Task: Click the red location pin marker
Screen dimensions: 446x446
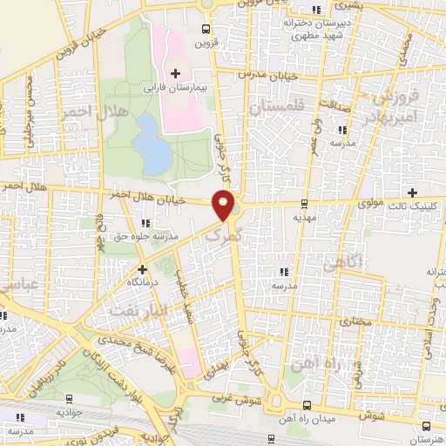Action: (225, 206)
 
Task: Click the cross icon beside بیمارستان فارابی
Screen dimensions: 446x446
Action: (177, 72)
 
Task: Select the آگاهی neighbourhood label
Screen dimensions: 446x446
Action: (336, 260)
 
